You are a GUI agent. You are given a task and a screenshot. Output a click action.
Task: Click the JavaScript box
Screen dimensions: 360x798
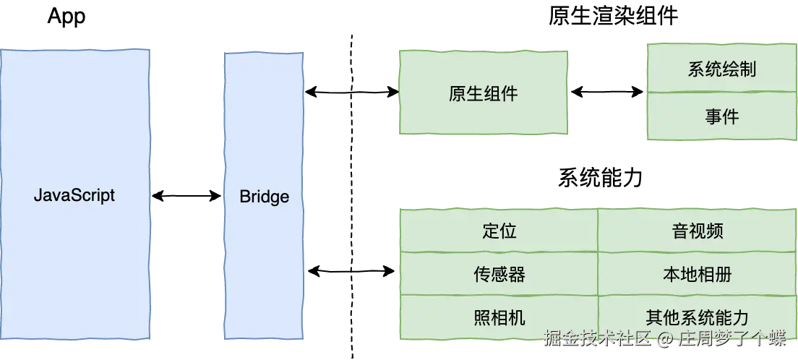tap(74, 195)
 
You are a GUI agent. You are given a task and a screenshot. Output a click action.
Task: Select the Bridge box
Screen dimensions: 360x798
tap(264, 196)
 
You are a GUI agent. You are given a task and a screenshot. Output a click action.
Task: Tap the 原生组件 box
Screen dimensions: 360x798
tap(483, 93)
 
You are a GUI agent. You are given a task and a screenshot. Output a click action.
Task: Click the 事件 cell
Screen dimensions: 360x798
tap(721, 116)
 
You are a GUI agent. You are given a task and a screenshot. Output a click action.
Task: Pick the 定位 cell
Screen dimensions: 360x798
tap(499, 231)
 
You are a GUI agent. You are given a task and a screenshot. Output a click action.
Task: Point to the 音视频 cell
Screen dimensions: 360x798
tap(697, 231)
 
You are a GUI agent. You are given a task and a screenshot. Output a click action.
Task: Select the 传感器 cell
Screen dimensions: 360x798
tap(499, 274)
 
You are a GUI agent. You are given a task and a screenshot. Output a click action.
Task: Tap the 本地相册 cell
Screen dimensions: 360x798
tap(697, 274)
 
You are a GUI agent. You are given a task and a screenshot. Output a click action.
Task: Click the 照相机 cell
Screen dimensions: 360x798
tap(499, 317)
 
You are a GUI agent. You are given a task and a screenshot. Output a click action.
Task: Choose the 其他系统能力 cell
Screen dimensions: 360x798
tap(697, 317)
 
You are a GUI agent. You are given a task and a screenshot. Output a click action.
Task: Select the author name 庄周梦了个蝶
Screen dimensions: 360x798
tap(731, 338)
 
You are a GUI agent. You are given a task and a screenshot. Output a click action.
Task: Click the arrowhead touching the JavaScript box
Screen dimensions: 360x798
tap(155, 196)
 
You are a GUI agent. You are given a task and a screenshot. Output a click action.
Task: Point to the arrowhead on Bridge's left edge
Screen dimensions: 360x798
tap(218, 196)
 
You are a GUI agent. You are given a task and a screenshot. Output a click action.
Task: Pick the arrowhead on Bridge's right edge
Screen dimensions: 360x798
tap(308, 93)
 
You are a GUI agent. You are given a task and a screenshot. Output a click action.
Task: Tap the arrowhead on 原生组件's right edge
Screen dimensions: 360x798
tap(572, 93)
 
